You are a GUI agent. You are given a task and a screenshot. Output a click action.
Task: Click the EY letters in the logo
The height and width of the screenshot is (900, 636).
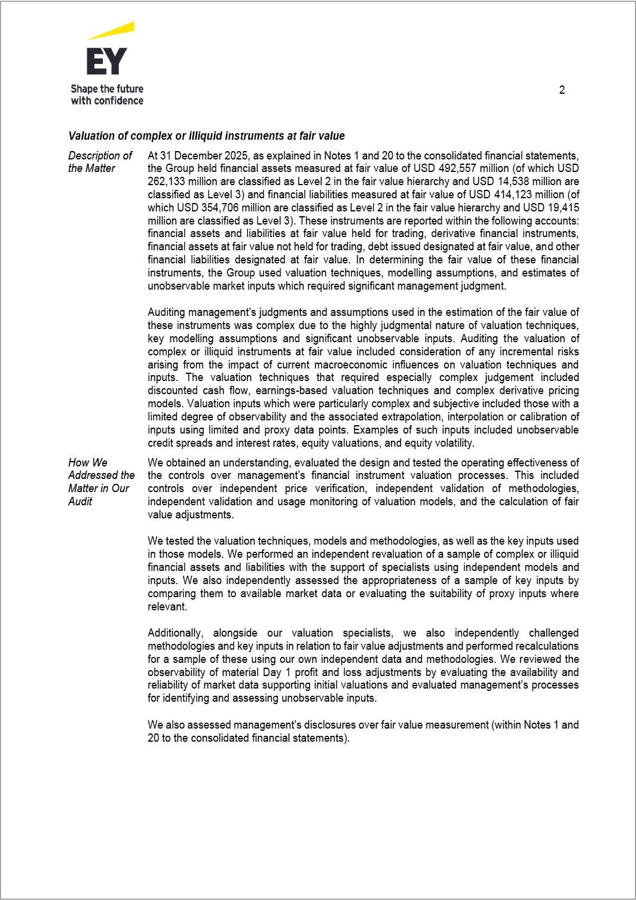107,61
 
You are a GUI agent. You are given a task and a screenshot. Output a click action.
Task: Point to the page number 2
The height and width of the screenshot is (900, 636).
562,90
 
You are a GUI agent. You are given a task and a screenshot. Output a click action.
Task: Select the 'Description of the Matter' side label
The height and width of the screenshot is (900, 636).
100,162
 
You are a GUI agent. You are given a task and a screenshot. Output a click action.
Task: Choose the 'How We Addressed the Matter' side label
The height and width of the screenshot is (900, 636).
101,481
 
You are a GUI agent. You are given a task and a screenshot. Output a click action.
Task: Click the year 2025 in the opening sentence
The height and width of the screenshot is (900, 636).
237,156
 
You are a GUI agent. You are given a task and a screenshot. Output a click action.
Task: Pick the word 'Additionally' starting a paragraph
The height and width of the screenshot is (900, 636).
176,633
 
